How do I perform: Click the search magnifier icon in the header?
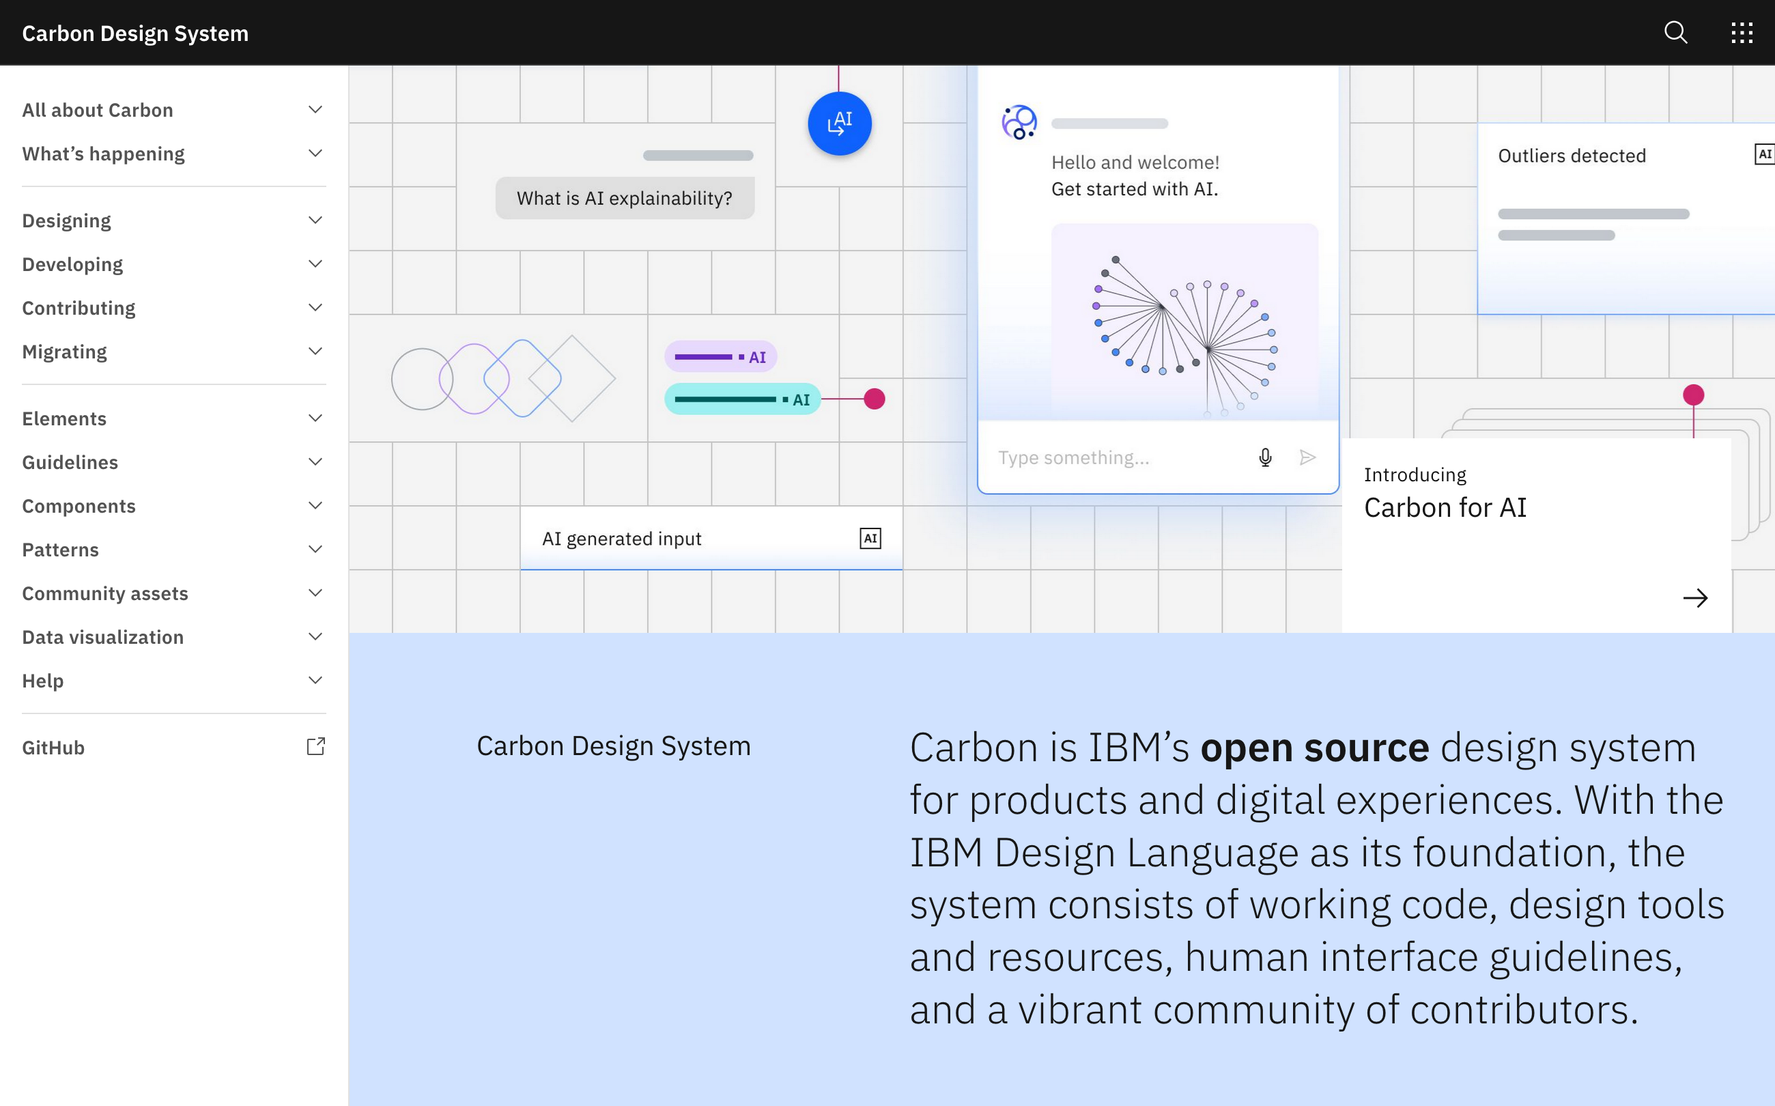[1675, 33]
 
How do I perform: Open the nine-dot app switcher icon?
[1742, 33]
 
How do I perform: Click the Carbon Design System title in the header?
[135, 33]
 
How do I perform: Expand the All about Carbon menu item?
[97, 110]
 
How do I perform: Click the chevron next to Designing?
[315, 220]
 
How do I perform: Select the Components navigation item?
[79, 506]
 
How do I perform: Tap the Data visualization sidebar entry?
[102, 637]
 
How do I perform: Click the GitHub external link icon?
[315, 747]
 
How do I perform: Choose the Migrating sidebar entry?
[64, 352]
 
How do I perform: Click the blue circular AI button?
[840, 124]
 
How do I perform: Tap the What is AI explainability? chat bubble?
[625, 198]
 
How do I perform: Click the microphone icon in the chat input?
[1265, 458]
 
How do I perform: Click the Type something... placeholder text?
[1074, 458]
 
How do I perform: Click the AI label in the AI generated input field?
[870, 539]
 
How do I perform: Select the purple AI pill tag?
[720, 357]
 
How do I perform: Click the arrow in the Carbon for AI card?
[1694, 598]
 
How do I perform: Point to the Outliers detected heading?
[1572, 156]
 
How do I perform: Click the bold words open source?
[1314, 748]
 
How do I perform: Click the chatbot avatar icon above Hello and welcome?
[1019, 122]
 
